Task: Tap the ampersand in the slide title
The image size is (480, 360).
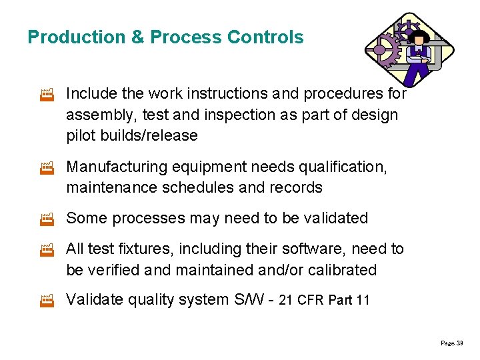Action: click(x=137, y=37)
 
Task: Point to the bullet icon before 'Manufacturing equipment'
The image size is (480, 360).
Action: click(x=47, y=167)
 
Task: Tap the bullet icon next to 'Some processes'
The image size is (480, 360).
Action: click(x=47, y=219)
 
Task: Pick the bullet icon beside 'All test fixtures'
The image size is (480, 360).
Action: click(x=47, y=250)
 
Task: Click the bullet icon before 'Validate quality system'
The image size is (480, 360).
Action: click(x=47, y=301)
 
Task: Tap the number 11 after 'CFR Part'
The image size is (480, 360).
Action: click(x=363, y=301)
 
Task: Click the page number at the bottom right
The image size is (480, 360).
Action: click(x=451, y=343)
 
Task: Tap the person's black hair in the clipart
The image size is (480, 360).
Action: click(x=419, y=35)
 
